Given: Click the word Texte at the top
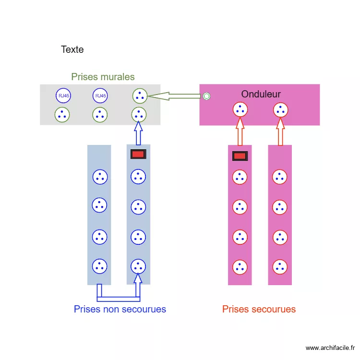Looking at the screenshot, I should pos(72,49).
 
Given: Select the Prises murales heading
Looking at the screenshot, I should pos(103,77).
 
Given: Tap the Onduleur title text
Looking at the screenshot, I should pos(261,94).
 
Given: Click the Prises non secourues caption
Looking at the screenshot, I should pos(120,309).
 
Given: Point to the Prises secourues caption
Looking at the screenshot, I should pos(259,309).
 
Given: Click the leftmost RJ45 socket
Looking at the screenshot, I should pos(63,96).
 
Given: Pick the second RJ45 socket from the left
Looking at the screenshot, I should pos(100,96).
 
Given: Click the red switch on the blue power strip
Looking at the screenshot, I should pos(138,154).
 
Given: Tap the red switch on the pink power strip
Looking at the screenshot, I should pos(240,156).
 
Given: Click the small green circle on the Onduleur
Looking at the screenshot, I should pos(206,96).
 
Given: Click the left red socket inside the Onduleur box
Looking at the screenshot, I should pos(240,110).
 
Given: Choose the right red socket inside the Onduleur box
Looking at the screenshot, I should pos(280,110).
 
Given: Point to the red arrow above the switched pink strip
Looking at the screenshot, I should pos(240,132).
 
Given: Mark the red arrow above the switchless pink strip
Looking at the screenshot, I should pos(280,132).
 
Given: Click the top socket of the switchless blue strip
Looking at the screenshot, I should pos(99,177).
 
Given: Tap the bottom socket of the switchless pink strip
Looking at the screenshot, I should pos(279,266).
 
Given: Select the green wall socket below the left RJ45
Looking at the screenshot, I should pos(62,115).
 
